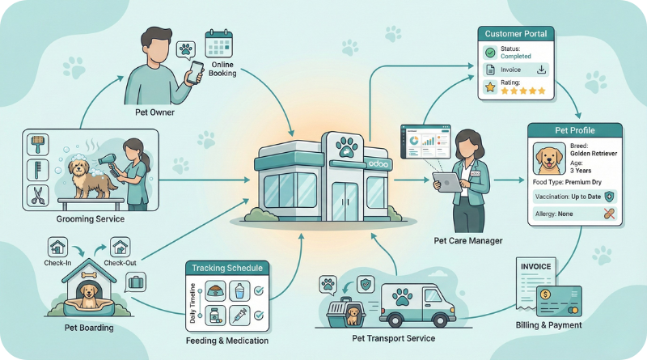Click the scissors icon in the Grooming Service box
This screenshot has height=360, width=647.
(37, 195)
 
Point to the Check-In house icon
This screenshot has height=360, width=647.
(57, 246)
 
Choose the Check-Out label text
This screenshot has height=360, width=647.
(120, 264)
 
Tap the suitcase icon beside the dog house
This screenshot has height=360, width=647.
(136, 283)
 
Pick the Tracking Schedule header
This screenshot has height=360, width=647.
(225, 268)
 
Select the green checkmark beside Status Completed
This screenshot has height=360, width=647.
(489, 53)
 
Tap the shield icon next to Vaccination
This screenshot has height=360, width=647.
(608, 196)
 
